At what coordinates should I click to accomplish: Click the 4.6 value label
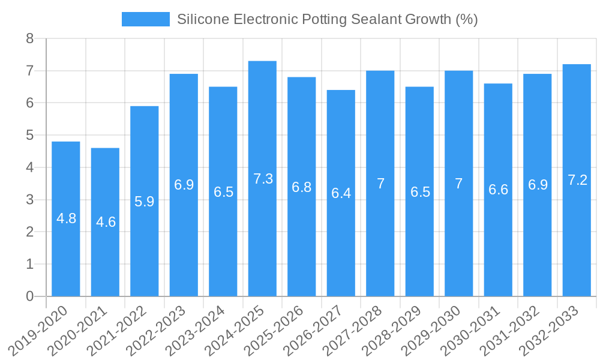(106, 222)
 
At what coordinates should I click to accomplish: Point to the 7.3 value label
(263, 179)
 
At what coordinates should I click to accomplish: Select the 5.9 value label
(145, 202)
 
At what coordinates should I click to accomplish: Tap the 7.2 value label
(577, 180)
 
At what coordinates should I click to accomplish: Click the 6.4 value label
(341, 193)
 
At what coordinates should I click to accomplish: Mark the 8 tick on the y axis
(29, 39)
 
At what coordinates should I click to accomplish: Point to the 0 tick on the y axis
(29, 296)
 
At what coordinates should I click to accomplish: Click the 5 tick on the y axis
(29, 136)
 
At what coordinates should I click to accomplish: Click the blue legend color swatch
(145, 19)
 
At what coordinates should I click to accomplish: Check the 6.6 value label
(499, 190)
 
